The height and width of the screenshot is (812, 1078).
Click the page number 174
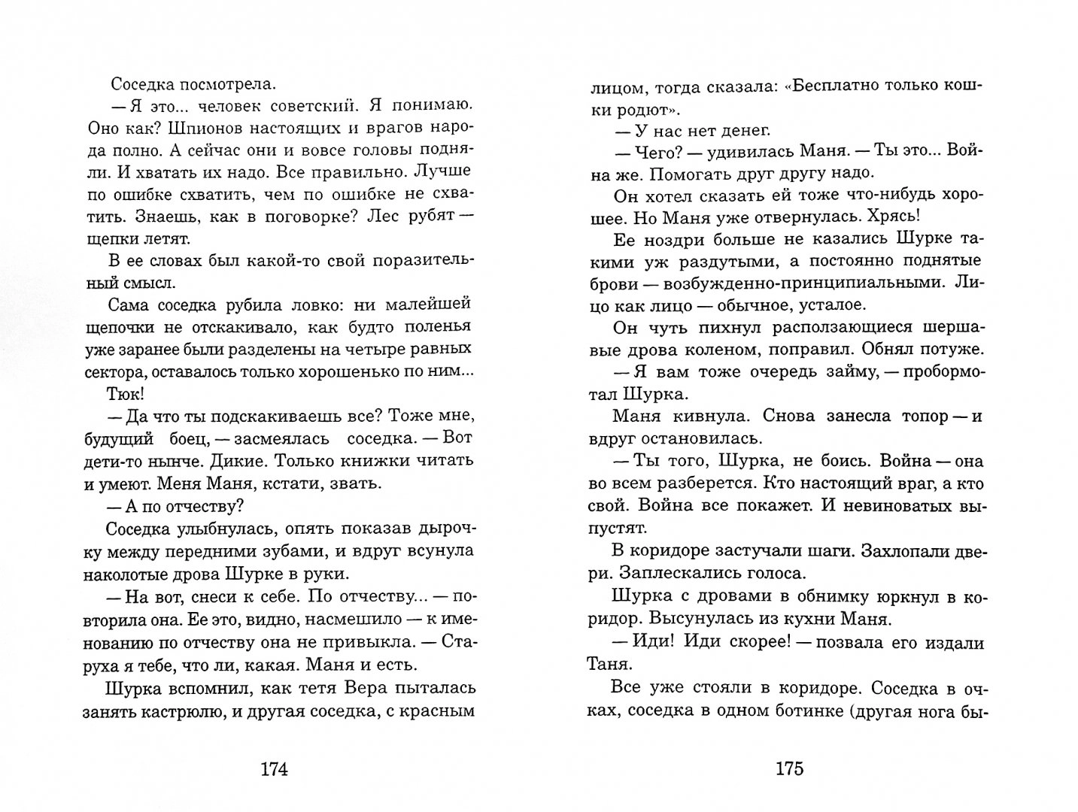275,769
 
